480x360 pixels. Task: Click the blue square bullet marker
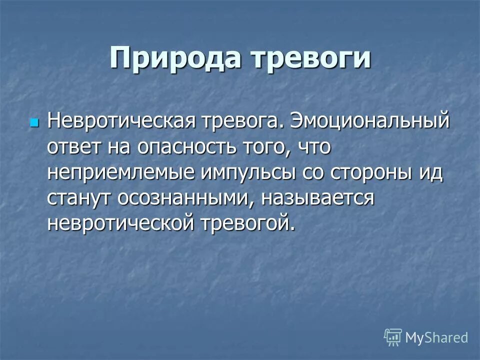click(34, 122)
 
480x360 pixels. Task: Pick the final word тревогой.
click(245, 222)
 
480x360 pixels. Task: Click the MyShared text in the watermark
click(436, 337)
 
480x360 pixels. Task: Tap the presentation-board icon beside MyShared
click(393, 337)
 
